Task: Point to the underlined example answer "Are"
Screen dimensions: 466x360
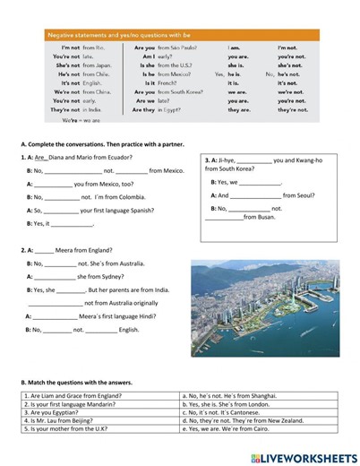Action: [40, 156]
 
